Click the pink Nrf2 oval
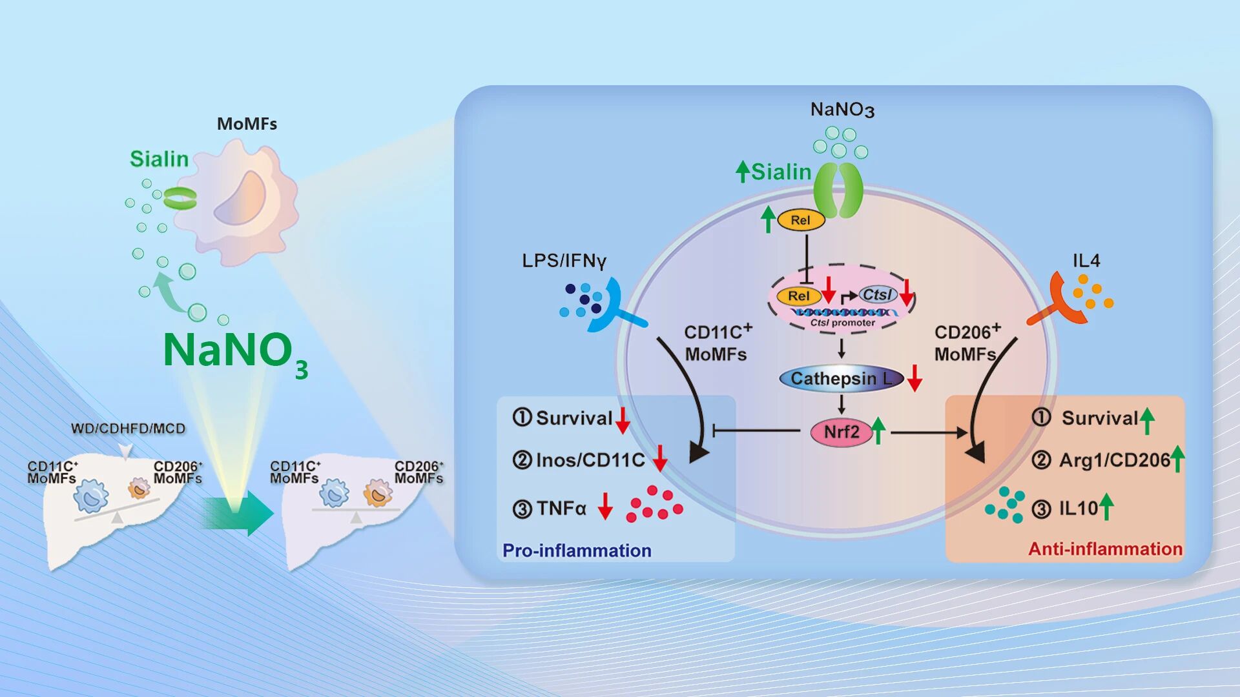tap(841, 432)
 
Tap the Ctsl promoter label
tap(843, 323)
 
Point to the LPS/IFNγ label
tap(564, 261)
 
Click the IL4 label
tap(1086, 261)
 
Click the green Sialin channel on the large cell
tap(838, 191)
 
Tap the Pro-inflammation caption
tap(577, 551)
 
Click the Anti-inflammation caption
tap(1105, 549)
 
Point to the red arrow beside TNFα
tap(604, 506)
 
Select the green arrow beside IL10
tap(1106, 507)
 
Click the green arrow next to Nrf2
tap(878, 430)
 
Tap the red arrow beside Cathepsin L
tap(914, 378)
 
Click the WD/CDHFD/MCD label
tap(128, 429)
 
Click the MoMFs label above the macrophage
tap(247, 124)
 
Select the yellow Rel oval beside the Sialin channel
tap(800, 220)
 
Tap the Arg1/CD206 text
tap(1114, 460)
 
